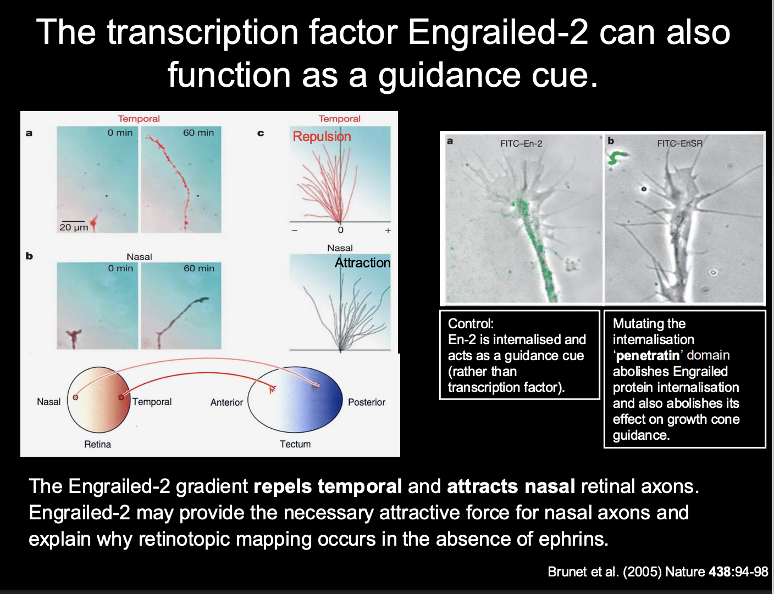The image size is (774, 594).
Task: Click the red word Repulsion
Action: [322, 136]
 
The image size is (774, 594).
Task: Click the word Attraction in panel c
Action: [362, 263]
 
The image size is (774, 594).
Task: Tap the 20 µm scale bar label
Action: [74, 227]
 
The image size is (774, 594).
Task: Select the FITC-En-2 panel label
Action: [521, 144]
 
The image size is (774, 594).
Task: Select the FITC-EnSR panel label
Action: [679, 144]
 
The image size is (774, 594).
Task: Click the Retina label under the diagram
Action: [97, 444]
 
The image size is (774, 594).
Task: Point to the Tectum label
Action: [295, 444]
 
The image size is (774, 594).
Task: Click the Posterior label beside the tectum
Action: [367, 402]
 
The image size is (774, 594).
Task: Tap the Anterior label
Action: [226, 402]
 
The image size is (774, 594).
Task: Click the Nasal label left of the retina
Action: [48, 402]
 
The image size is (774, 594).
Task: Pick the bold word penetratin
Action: [648, 356]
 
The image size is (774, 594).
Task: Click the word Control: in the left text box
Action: [471, 323]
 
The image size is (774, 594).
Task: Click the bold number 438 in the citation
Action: [720, 572]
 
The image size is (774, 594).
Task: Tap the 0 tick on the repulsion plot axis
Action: [340, 230]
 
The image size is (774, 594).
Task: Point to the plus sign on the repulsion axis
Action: [388, 231]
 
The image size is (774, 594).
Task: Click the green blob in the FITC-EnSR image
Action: [617, 158]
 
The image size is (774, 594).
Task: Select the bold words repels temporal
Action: [328, 486]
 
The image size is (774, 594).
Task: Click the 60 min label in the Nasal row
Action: [198, 268]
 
